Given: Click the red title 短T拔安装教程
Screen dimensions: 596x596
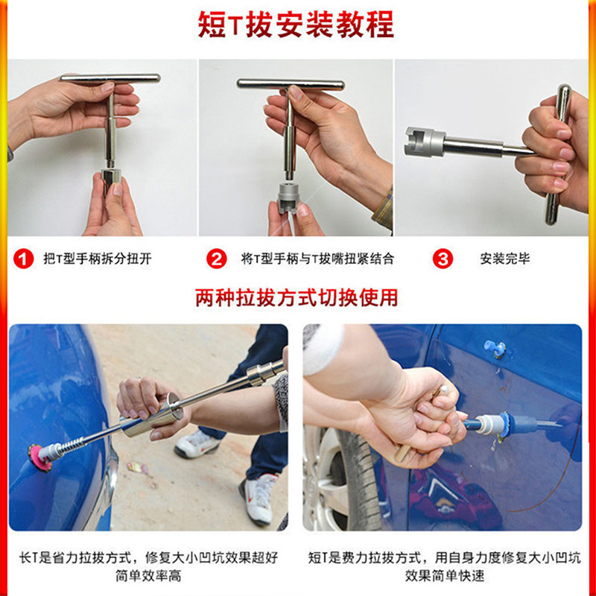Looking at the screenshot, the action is tap(296, 25).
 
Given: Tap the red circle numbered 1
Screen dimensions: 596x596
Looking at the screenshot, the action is tap(24, 259).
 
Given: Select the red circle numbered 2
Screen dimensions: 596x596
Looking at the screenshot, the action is tap(216, 259).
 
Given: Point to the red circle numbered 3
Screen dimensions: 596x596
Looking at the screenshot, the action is tap(443, 259).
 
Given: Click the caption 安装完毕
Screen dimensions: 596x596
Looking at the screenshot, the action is tap(505, 259).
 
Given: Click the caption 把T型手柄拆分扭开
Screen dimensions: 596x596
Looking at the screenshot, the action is tap(98, 259).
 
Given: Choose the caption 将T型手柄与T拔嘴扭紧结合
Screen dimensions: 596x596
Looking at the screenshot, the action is tap(317, 259).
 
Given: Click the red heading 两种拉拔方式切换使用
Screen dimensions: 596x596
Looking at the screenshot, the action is tap(297, 297).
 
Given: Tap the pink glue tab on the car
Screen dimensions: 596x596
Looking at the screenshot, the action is tap(39, 457).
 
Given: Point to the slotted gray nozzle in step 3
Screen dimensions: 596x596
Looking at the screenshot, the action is tap(424, 142).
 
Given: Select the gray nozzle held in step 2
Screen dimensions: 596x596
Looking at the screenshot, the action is tap(289, 197).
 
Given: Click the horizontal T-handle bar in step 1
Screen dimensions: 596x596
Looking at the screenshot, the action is tap(110, 78).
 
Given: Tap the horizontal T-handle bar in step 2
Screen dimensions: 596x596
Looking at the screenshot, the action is tap(291, 84).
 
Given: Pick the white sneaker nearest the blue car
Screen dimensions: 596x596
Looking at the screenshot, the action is tap(197, 444).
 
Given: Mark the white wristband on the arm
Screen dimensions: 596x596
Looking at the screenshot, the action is tap(323, 348).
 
